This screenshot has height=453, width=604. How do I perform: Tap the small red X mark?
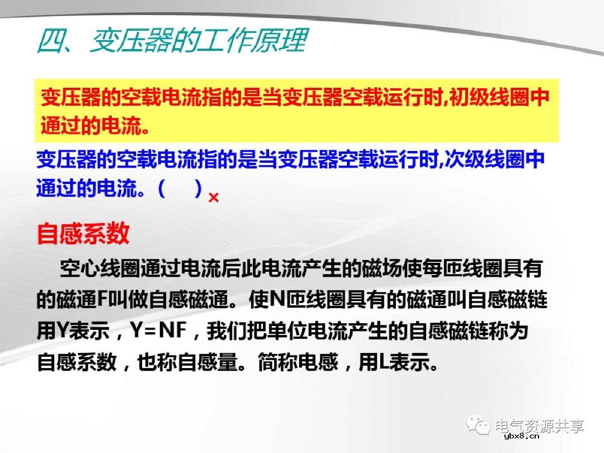213,197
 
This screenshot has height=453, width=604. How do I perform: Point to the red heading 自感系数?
83,234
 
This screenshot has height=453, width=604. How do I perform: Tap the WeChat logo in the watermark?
479,426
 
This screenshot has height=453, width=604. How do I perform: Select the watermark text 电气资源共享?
540,426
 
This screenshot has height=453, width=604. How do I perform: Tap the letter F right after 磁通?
102,301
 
